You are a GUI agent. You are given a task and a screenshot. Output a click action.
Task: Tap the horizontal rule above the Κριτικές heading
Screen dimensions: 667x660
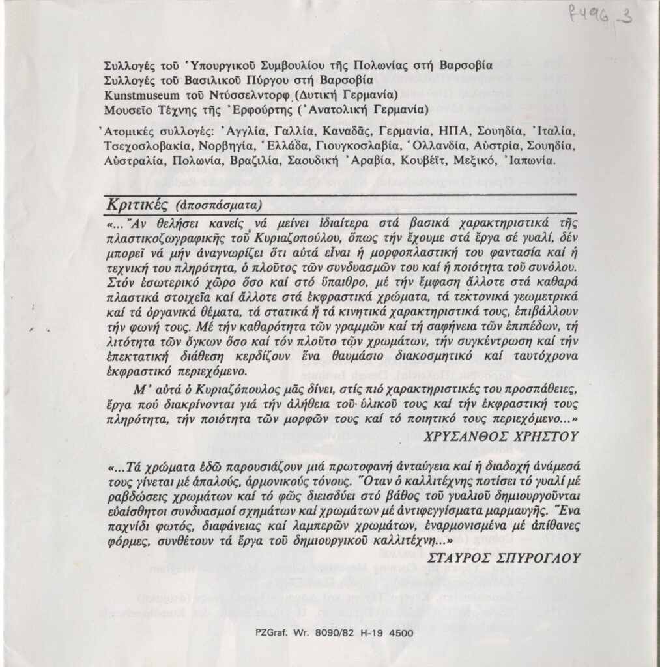point(339,194)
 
